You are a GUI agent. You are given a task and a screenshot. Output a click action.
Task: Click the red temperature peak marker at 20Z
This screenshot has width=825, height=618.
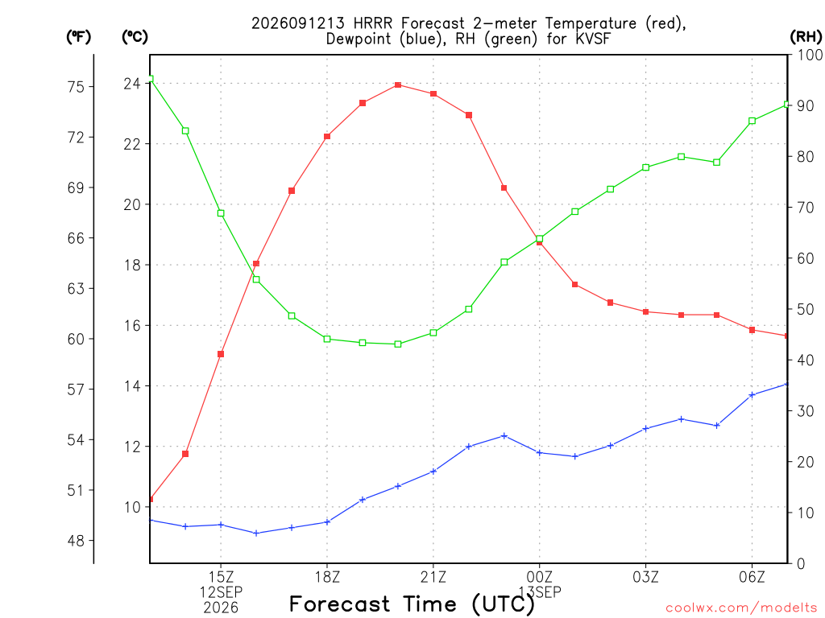(x=398, y=85)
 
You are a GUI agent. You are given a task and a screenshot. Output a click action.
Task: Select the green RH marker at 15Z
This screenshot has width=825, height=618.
(x=221, y=213)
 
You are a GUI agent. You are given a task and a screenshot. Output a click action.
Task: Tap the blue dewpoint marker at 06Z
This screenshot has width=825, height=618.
(x=752, y=395)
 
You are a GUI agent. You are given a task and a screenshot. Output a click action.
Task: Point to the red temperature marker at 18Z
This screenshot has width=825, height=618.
(x=327, y=137)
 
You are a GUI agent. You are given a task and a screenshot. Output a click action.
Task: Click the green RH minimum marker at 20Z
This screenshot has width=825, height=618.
(x=398, y=344)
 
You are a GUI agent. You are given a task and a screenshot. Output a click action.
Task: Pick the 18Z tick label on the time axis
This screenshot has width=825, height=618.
(x=327, y=578)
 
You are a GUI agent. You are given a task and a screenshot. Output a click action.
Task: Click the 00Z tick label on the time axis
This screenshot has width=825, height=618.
(x=539, y=578)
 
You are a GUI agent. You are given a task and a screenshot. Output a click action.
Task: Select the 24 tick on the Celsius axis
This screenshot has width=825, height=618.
(x=132, y=84)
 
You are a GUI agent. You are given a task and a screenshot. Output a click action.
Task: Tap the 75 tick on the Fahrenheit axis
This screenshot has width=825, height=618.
(x=76, y=87)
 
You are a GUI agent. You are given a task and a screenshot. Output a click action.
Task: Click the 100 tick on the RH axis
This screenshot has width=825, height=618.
(x=810, y=56)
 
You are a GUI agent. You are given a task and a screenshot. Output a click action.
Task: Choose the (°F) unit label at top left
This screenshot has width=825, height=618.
(x=78, y=37)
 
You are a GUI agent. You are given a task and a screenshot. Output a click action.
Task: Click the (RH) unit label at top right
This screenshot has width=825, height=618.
(x=806, y=37)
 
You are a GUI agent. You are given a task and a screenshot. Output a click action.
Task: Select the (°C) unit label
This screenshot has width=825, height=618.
(x=135, y=37)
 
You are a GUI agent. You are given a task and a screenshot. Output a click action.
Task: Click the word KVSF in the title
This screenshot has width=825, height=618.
(x=593, y=39)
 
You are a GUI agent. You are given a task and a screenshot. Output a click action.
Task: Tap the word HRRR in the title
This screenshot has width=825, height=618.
(x=373, y=23)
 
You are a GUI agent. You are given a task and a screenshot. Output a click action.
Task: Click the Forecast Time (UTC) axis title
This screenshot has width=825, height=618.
(x=412, y=604)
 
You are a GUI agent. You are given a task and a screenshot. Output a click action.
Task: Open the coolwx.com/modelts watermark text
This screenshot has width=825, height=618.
(x=741, y=608)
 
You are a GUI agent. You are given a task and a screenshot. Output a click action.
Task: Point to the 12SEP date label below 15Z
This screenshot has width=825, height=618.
(x=221, y=592)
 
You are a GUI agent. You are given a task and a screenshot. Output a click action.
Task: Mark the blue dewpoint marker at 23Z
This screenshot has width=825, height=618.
(x=504, y=435)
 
